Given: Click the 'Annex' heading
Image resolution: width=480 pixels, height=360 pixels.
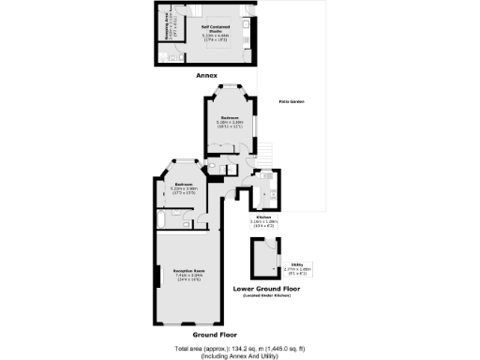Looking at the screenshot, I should pos(206,74).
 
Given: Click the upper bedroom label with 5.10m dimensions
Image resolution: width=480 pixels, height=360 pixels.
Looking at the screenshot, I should pos(230,123).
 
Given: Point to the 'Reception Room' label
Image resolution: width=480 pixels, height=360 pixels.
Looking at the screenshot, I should pos(189,275).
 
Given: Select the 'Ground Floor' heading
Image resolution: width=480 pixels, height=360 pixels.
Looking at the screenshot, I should pos(215,334).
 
